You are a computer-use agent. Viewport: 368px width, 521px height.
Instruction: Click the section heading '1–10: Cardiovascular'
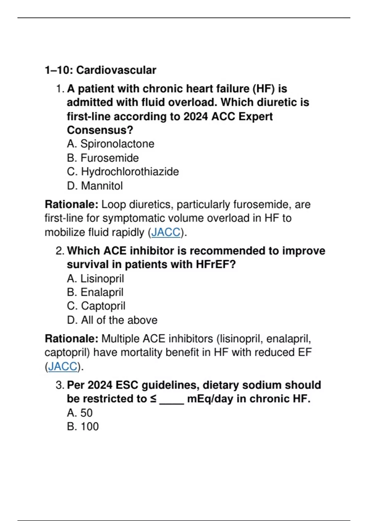click(100, 70)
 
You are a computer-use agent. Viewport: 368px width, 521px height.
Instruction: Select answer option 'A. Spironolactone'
click(110, 144)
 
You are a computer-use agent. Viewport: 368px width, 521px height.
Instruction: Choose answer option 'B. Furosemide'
click(103, 158)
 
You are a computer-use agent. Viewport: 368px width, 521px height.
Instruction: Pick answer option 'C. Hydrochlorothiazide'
click(123, 172)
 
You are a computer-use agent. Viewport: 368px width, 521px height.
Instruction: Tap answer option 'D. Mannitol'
click(95, 186)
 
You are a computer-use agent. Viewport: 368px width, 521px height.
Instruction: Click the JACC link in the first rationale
click(166, 232)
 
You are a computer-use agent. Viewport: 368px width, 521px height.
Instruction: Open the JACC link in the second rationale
click(63, 367)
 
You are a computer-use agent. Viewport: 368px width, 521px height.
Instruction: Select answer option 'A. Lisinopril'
click(95, 279)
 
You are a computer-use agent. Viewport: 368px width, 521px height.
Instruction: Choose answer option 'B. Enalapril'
click(95, 292)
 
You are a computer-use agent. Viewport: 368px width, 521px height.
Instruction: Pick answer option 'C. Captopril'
click(96, 306)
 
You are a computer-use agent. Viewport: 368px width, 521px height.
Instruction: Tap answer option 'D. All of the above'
click(112, 320)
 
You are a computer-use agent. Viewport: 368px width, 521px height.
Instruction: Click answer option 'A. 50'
click(80, 413)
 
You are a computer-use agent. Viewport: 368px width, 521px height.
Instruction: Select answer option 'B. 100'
click(83, 427)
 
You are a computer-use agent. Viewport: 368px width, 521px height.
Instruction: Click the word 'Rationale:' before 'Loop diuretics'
click(71, 204)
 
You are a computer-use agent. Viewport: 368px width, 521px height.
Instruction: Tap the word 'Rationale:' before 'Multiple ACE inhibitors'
click(71, 339)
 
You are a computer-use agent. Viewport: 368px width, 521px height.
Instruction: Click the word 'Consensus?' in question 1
click(100, 130)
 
